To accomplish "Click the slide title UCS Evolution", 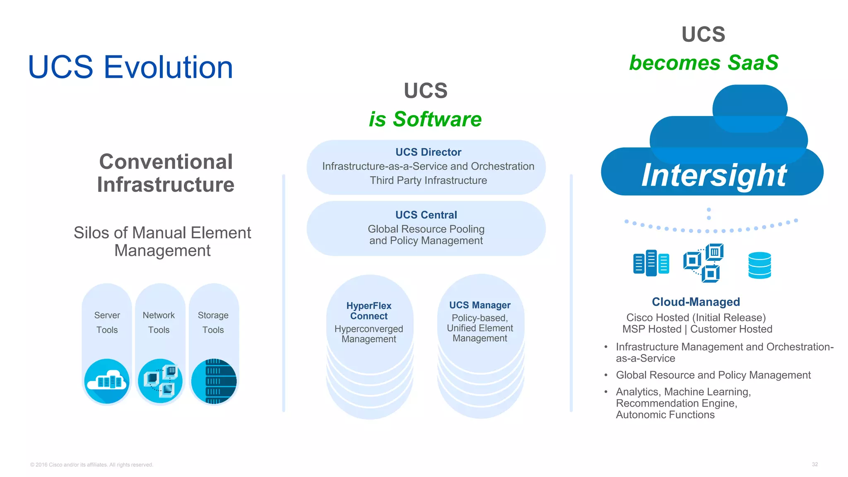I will (x=130, y=67).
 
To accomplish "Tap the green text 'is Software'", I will (x=425, y=119).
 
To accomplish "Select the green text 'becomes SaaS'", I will (x=703, y=63).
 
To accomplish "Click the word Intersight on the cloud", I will (x=714, y=176).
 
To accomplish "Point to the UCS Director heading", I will (x=428, y=152).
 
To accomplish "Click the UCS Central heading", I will (x=426, y=215).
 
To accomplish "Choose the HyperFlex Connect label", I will (x=369, y=311).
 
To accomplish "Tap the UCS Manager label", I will (x=480, y=305).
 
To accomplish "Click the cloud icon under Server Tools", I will (x=107, y=381).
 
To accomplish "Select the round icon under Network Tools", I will (x=160, y=381).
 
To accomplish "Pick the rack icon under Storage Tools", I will (x=214, y=381).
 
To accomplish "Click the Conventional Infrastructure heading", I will (x=166, y=173).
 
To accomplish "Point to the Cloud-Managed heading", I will (x=696, y=302).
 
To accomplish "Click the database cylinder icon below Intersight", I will (x=759, y=265).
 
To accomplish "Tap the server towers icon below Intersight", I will (x=651, y=263).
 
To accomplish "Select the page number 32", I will (x=814, y=464).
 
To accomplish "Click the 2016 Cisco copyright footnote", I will (x=92, y=465).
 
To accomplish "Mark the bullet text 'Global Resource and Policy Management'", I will (x=713, y=375).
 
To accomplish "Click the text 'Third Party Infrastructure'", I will (x=428, y=181).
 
